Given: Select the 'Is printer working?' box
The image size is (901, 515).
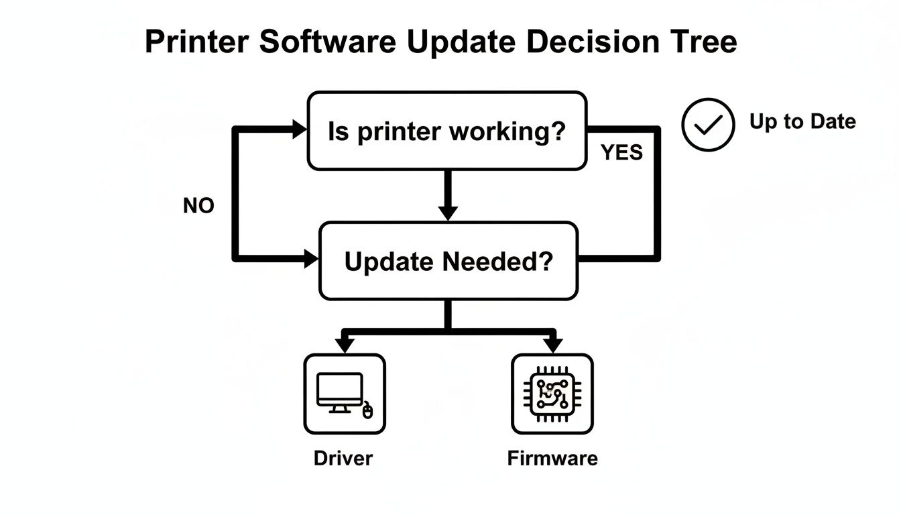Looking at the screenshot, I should click(x=446, y=131).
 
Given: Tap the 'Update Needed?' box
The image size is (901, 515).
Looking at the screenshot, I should click(x=448, y=261).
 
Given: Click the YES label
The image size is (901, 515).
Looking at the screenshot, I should click(x=621, y=153).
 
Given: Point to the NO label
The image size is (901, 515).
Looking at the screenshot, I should click(x=198, y=206).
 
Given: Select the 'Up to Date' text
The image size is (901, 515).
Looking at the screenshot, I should click(x=802, y=121).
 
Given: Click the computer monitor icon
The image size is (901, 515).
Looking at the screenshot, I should click(x=340, y=392).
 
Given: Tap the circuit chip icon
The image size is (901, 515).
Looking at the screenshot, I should click(x=552, y=394).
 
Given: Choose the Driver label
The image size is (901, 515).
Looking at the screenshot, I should click(x=343, y=459).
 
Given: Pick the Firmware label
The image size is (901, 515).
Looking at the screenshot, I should click(x=552, y=459).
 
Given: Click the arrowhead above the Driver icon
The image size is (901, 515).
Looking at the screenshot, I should click(x=345, y=345).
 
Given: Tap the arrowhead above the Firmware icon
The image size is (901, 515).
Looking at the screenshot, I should click(x=552, y=345).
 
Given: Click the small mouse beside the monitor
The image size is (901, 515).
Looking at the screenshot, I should click(x=367, y=410).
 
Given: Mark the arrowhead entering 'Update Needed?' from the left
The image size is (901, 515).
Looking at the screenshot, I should click(x=311, y=257).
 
